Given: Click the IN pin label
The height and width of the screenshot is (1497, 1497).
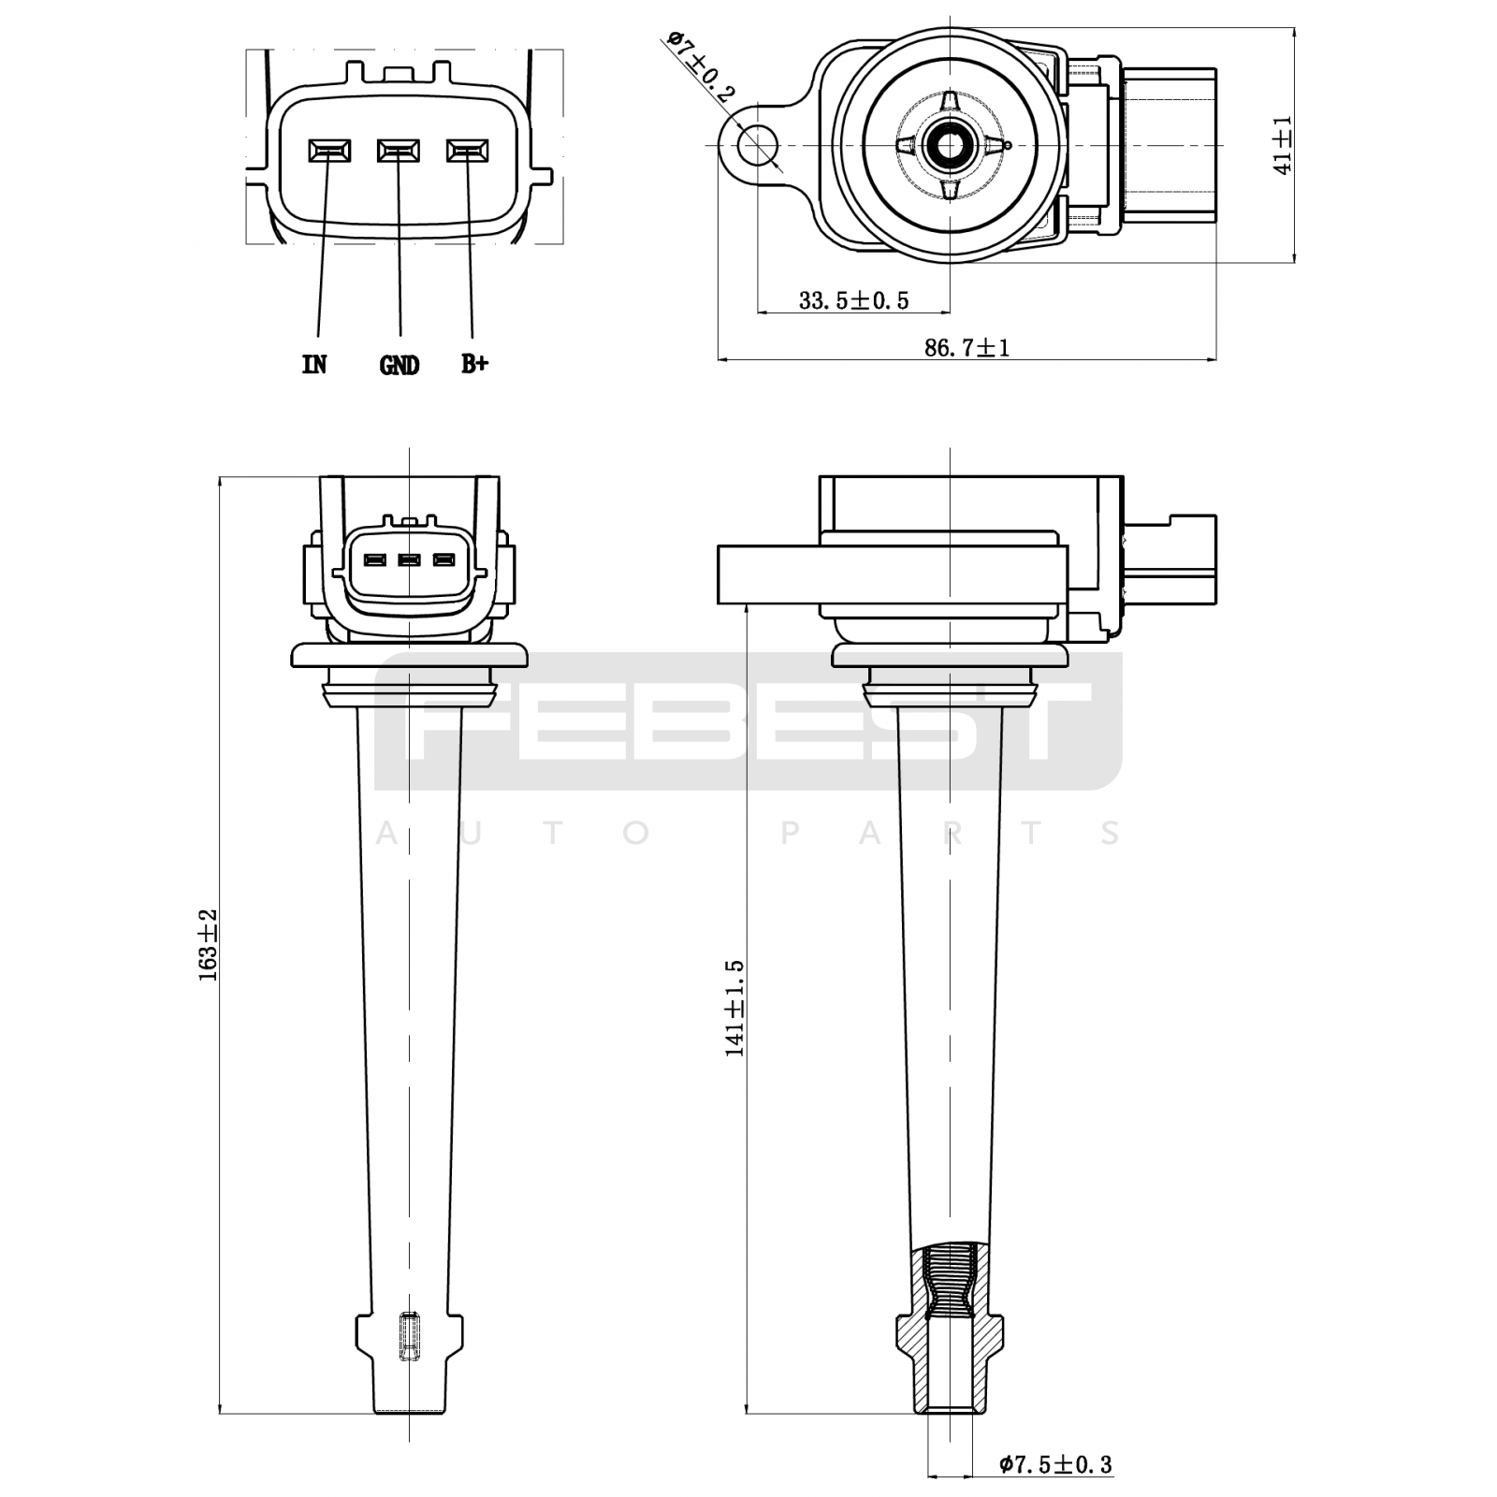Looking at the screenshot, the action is tap(314, 365).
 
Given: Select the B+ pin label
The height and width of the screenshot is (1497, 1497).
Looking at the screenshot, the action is tap(474, 364).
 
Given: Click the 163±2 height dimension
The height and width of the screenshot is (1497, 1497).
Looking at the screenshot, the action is tap(208, 945).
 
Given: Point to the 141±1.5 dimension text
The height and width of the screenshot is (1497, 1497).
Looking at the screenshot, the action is tap(734, 1008).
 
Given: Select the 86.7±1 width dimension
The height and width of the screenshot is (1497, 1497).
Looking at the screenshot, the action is tap(967, 348).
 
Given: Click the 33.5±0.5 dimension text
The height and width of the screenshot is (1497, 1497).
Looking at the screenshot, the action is tap(853, 300).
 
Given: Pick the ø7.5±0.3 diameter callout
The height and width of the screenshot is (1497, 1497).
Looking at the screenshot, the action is tap(1055, 1464).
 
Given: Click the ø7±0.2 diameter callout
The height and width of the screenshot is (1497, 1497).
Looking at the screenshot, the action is tap(702, 65).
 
